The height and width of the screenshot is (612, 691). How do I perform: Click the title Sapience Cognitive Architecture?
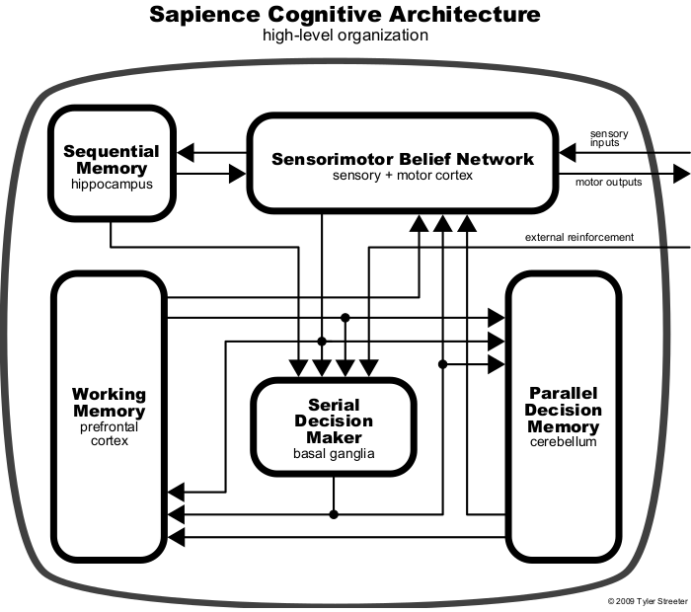[345, 15]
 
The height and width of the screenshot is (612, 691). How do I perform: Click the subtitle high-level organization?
[345, 36]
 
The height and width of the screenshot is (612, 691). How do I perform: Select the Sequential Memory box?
[111, 164]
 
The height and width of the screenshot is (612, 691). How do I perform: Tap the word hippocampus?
[111, 184]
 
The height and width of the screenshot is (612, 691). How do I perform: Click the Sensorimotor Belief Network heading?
[402, 158]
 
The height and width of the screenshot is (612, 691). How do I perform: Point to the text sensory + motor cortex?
[402, 175]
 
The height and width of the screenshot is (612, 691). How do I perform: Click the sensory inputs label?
[609, 137]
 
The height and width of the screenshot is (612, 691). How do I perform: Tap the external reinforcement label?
[579, 237]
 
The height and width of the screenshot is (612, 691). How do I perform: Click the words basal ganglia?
[334, 454]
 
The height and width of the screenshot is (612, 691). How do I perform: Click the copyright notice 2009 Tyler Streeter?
[647, 601]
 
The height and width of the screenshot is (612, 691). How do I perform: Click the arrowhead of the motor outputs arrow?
[681, 174]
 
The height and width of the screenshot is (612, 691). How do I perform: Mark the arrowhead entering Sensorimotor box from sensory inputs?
[567, 152]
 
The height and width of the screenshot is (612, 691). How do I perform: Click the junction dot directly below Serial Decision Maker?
[335, 513]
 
